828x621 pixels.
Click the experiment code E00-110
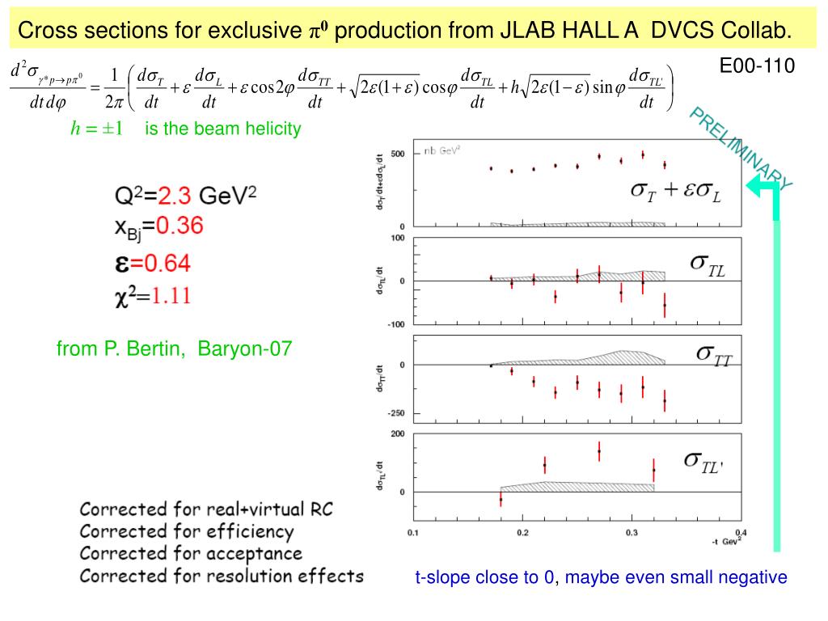pos(757,65)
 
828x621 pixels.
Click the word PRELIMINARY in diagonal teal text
pos(741,149)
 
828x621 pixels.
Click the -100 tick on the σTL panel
pos(396,324)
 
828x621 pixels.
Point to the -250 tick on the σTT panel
pos(396,413)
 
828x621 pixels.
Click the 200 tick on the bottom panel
pos(398,434)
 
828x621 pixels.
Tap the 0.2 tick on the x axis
pos(522,532)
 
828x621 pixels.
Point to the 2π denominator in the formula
pos(114,102)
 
